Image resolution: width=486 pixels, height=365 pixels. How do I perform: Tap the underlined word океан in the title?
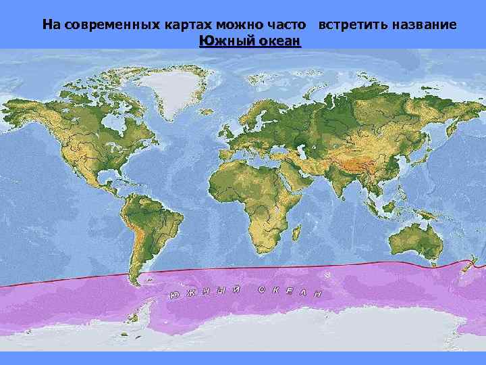coord(277,41)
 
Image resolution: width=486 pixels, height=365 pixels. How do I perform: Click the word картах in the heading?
coord(185,25)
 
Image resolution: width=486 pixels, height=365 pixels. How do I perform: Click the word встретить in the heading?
coord(348,25)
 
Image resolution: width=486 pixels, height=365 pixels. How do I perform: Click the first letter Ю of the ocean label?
coord(174,296)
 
